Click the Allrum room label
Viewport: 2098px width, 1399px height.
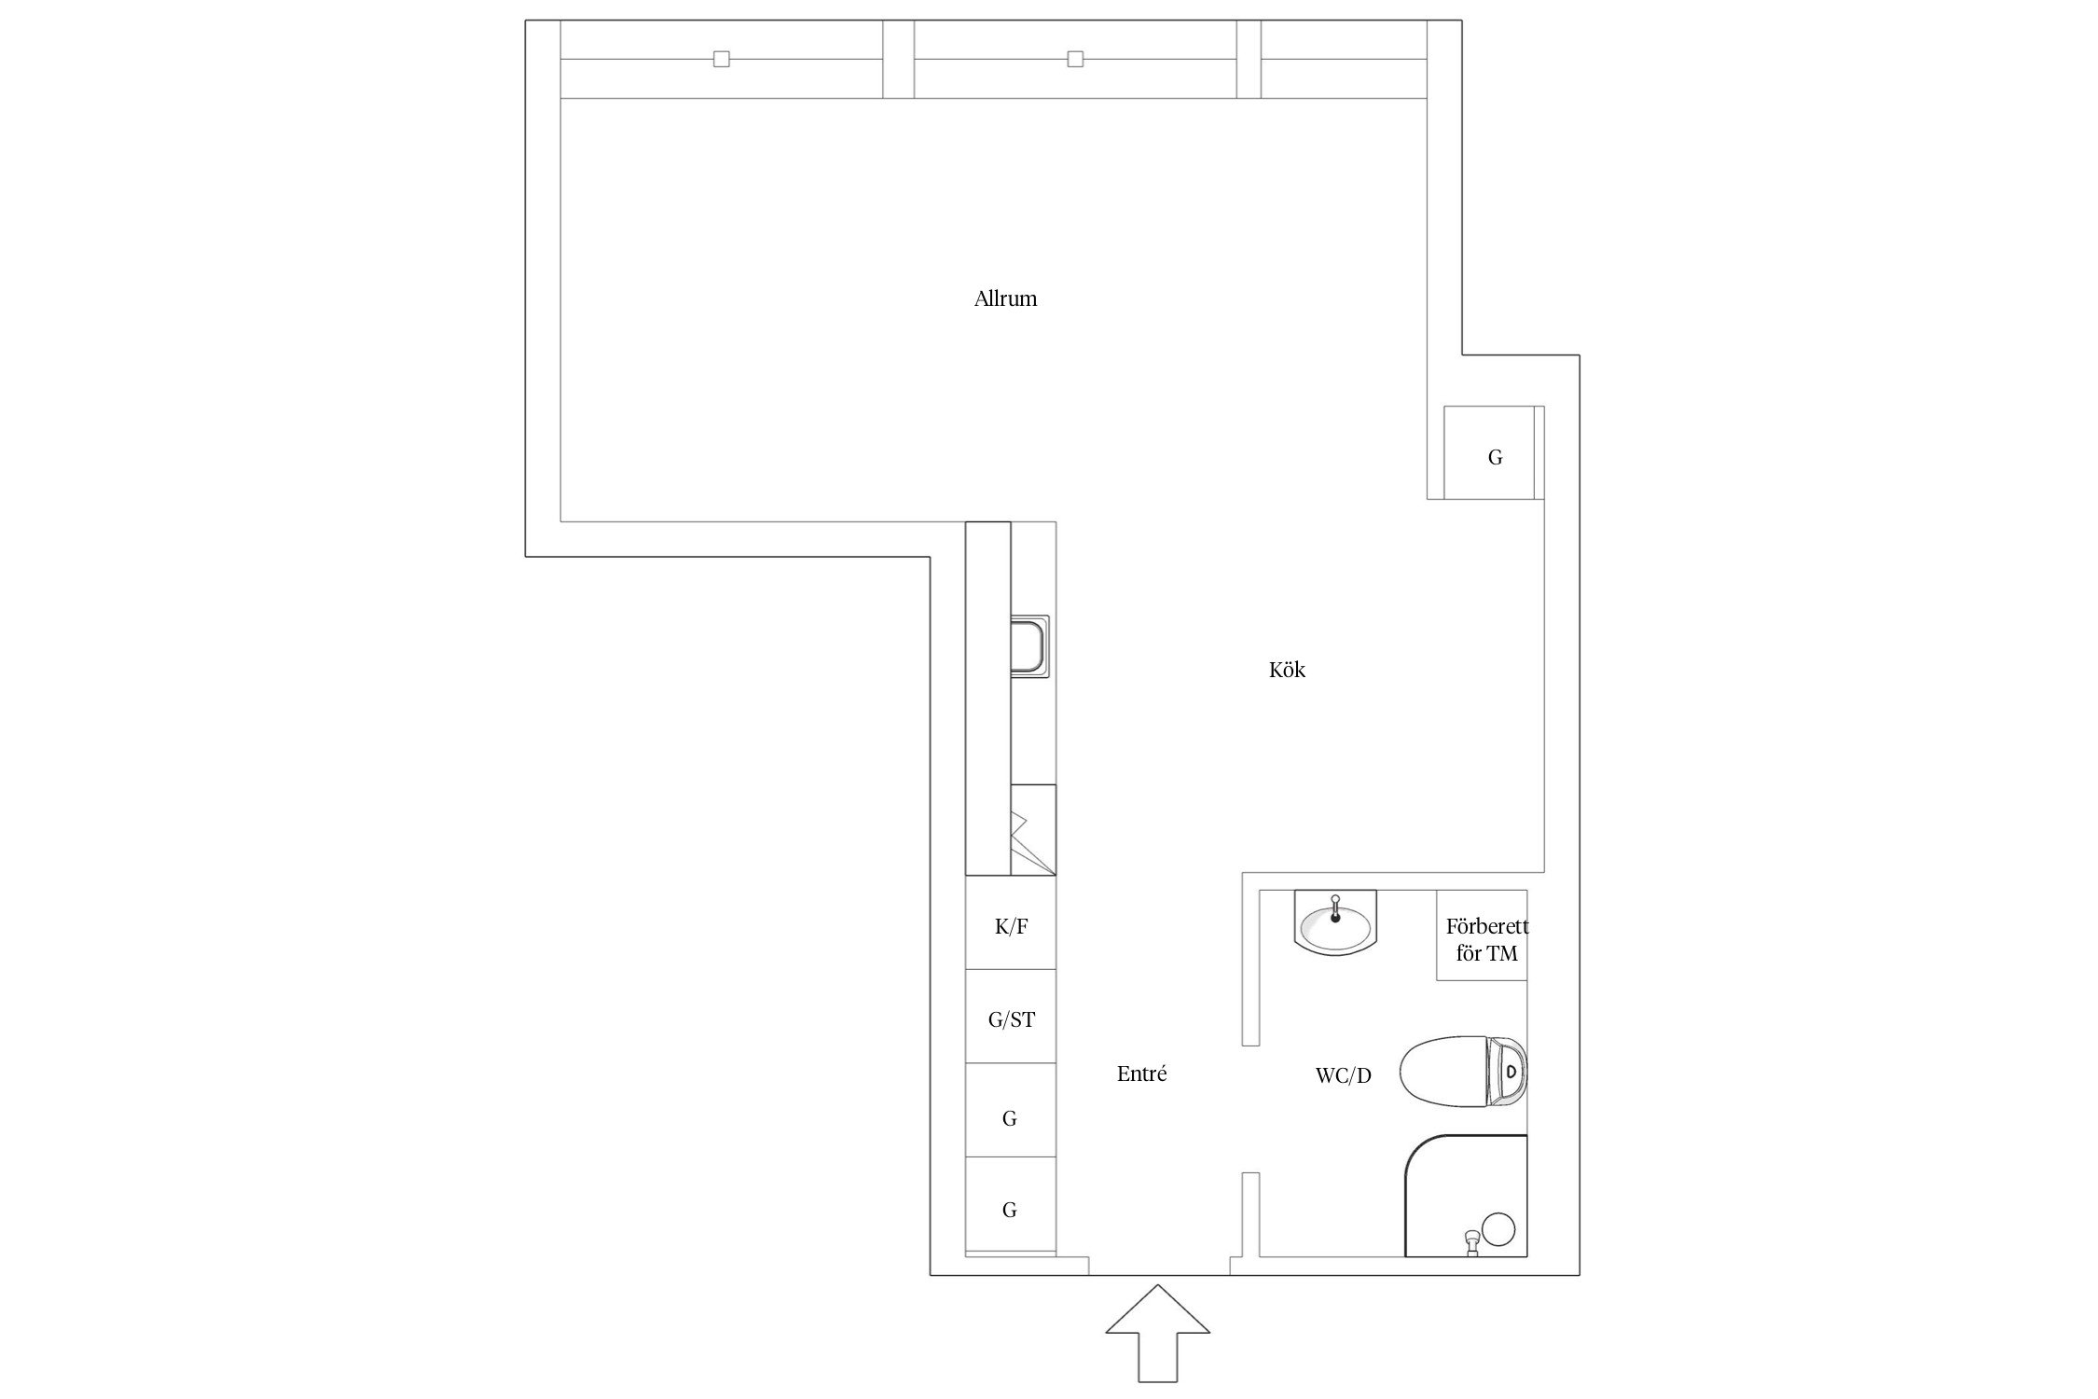click(1005, 299)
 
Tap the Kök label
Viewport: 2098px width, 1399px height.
click(1287, 670)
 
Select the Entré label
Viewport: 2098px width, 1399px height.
click(1141, 1073)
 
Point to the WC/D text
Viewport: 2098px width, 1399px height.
click(1343, 1075)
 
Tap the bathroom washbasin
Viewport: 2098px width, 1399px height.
click(1335, 922)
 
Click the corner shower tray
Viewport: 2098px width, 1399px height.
click(1466, 1196)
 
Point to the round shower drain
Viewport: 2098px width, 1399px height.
click(1498, 1228)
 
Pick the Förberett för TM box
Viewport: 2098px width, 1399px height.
click(1482, 935)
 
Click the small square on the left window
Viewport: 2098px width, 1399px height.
click(721, 60)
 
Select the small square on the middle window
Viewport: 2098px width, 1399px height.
click(1075, 60)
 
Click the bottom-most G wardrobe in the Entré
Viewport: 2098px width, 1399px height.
click(1011, 1205)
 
